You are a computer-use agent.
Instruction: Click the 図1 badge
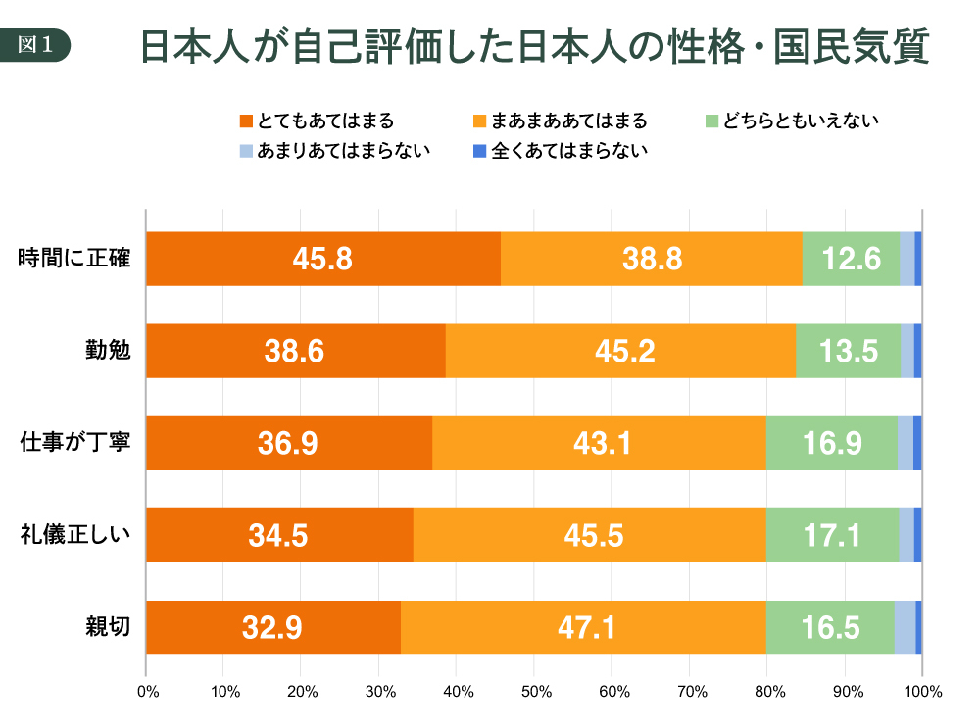(x=40, y=44)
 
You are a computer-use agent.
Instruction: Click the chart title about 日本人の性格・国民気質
(x=534, y=46)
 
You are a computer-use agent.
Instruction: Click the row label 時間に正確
(x=75, y=260)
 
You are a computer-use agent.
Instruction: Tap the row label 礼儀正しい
(x=75, y=535)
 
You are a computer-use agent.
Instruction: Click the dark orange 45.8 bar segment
(x=322, y=259)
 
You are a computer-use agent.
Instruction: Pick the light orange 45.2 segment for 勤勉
(x=620, y=351)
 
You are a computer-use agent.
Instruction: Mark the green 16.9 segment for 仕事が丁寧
(x=831, y=443)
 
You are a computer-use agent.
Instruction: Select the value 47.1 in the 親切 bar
(x=583, y=627)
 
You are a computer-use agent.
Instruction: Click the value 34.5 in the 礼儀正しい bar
(x=279, y=535)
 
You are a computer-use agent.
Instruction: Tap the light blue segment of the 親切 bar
(x=905, y=627)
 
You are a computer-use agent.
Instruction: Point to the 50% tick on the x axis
(x=534, y=692)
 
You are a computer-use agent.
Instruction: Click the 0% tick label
(x=147, y=692)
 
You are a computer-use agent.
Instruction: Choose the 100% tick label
(x=921, y=692)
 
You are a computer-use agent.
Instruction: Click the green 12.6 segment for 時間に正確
(x=851, y=259)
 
